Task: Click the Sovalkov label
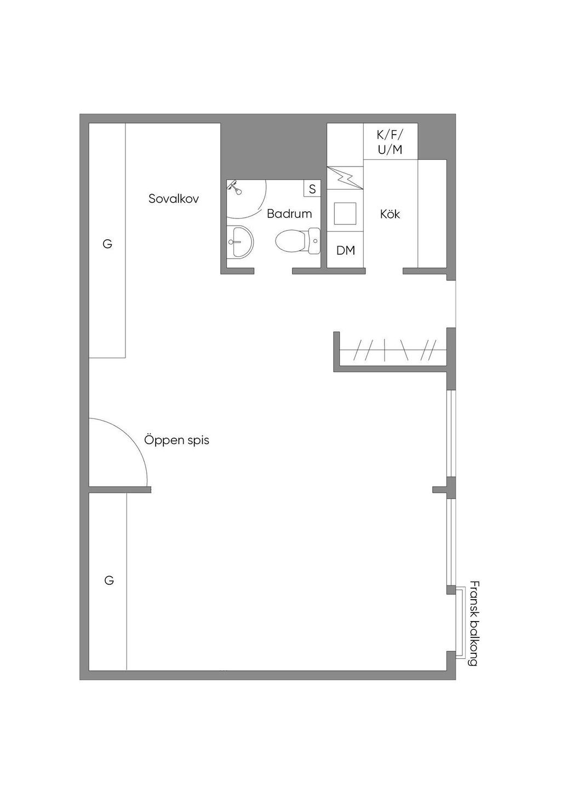point(174,199)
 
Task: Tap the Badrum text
point(289,214)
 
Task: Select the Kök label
point(390,214)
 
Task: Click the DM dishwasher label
point(345,251)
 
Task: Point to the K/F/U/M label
point(390,142)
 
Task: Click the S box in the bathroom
point(312,189)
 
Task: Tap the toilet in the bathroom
point(298,241)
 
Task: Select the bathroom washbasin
point(240,242)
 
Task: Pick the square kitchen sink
point(345,214)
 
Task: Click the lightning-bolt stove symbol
point(345,178)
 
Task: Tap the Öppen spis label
point(176,441)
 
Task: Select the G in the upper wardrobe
point(107,244)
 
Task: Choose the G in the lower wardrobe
point(109,581)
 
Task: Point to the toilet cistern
point(314,241)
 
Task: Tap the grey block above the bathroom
point(273,151)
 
